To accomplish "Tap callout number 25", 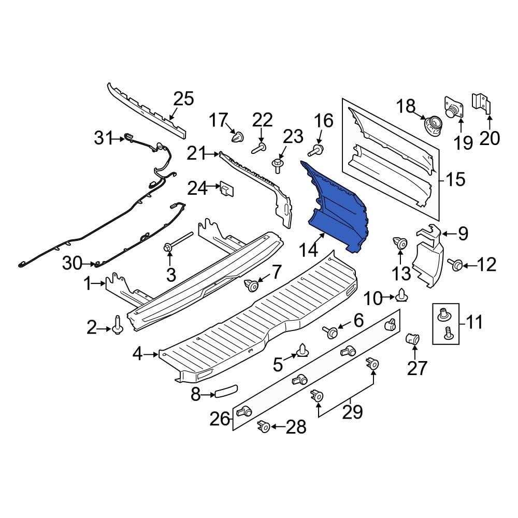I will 183,98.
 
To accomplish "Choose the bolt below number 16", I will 315,151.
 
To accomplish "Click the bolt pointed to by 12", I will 456,265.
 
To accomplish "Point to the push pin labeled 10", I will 402,296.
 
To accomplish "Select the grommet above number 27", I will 413,340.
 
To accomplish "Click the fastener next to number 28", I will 263,426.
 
